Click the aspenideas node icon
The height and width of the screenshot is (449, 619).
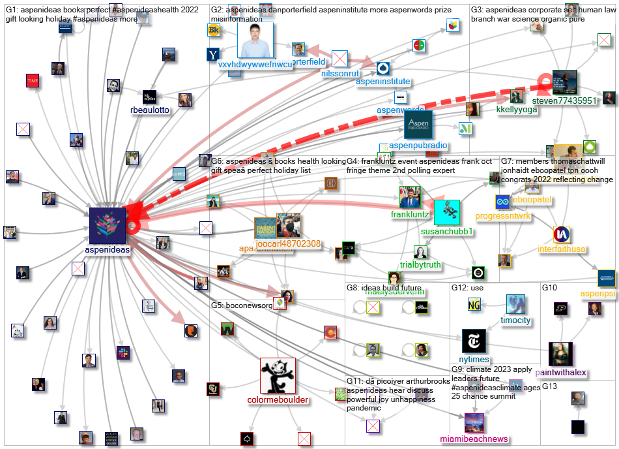point(108,226)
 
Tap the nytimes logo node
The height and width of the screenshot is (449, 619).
point(474,341)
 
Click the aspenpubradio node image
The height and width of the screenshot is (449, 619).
point(409,124)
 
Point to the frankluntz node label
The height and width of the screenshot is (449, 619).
point(410,214)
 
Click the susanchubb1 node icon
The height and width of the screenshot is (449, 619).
point(447,213)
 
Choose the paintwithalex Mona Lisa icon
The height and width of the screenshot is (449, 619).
point(560,354)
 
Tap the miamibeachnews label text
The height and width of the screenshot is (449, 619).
point(474,439)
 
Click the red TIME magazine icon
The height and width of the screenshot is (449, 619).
point(33,80)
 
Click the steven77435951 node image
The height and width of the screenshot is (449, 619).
point(564,82)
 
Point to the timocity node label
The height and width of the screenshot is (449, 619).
point(515,320)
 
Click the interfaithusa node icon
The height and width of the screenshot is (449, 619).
point(562,235)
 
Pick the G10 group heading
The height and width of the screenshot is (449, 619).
point(550,288)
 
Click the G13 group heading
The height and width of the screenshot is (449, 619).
point(550,386)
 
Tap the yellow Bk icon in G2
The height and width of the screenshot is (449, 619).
point(214,30)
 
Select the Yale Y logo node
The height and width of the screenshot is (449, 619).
point(212,55)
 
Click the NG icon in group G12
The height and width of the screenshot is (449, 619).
point(474,304)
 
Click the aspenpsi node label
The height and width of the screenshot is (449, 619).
point(598,294)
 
